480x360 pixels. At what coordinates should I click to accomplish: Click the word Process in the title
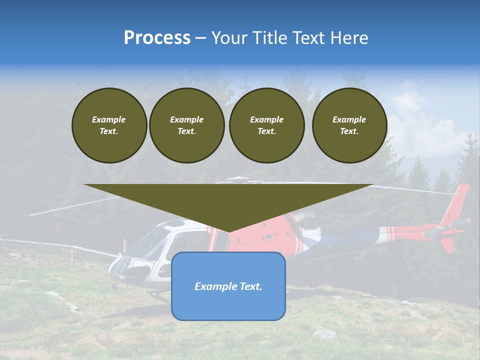(x=157, y=38)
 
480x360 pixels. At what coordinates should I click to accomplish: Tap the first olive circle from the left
(x=109, y=125)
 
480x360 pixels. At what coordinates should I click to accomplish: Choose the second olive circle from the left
(x=186, y=125)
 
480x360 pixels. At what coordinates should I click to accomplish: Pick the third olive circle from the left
(x=266, y=125)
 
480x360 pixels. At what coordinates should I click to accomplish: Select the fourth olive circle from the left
(x=349, y=125)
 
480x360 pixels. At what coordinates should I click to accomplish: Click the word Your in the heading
(x=229, y=38)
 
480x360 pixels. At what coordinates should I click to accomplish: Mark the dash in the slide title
(x=201, y=38)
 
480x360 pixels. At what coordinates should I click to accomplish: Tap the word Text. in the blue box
(x=250, y=286)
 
